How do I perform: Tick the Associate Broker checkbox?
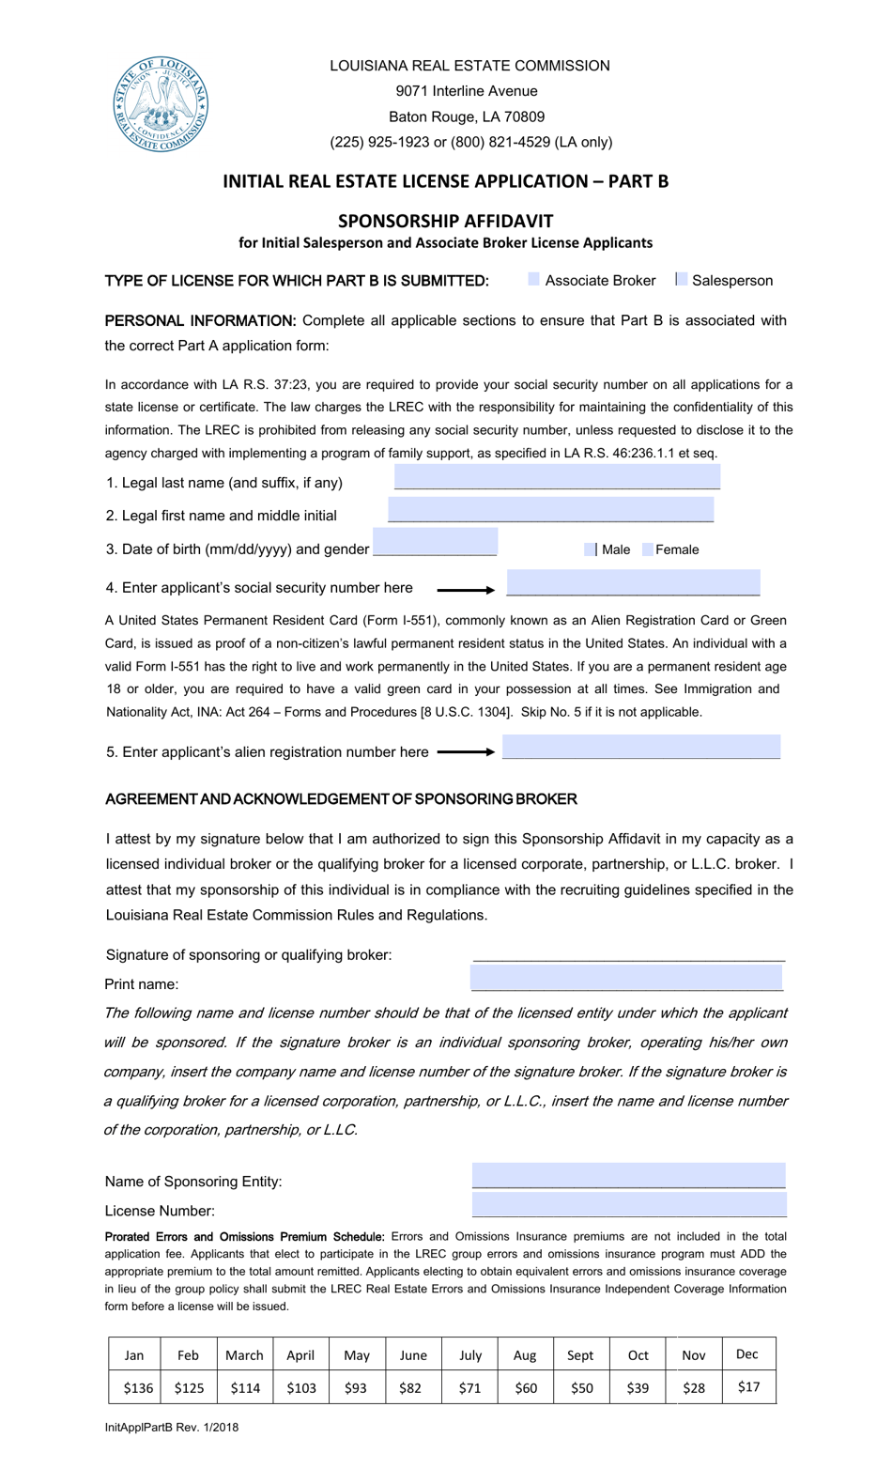click(534, 279)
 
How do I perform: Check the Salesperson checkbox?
click(682, 279)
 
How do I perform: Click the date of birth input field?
click(435, 543)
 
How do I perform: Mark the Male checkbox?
click(591, 549)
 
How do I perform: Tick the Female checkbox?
click(648, 549)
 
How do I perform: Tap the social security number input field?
click(633, 583)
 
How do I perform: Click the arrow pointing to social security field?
click(466, 590)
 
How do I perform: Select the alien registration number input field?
click(641, 748)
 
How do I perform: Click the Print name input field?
click(626, 978)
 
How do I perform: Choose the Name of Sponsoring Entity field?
click(628, 1176)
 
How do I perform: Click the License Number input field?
click(629, 1205)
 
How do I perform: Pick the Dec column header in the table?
click(747, 1353)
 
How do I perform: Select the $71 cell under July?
click(469, 1387)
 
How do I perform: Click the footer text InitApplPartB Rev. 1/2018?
click(172, 1427)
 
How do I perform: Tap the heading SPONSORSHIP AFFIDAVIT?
click(445, 221)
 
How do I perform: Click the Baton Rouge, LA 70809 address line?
click(467, 116)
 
